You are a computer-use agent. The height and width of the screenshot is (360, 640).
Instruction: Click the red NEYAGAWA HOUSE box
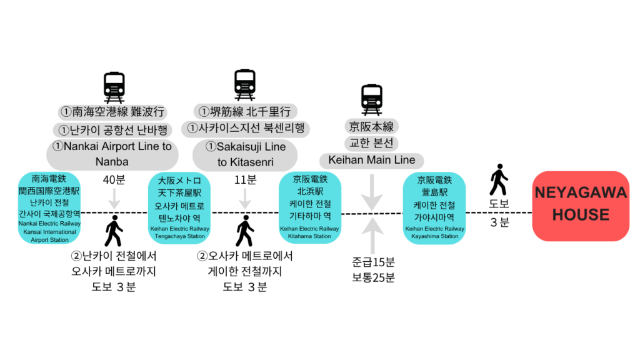[x=581, y=205]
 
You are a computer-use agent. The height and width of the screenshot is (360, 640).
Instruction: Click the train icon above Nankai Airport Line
[x=114, y=87]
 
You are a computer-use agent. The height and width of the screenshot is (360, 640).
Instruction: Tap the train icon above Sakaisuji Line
[x=245, y=85]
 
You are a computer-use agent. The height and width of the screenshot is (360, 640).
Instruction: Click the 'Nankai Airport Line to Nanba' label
[x=112, y=154]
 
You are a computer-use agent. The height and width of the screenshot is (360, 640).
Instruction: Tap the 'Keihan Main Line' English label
[x=372, y=160]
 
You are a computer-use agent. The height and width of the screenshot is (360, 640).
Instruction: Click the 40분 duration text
[x=114, y=180]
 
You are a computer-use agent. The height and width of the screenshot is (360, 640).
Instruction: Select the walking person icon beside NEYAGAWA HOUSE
[x=498, y=180]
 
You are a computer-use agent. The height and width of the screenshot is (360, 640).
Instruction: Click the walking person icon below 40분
[x=114, y=231]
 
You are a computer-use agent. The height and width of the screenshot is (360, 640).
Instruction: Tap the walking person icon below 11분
[x=244, y=231]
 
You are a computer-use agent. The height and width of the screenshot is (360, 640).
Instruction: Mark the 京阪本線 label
[x=372, y=127]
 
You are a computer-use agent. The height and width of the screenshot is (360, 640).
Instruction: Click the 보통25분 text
[x=373, y=277]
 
